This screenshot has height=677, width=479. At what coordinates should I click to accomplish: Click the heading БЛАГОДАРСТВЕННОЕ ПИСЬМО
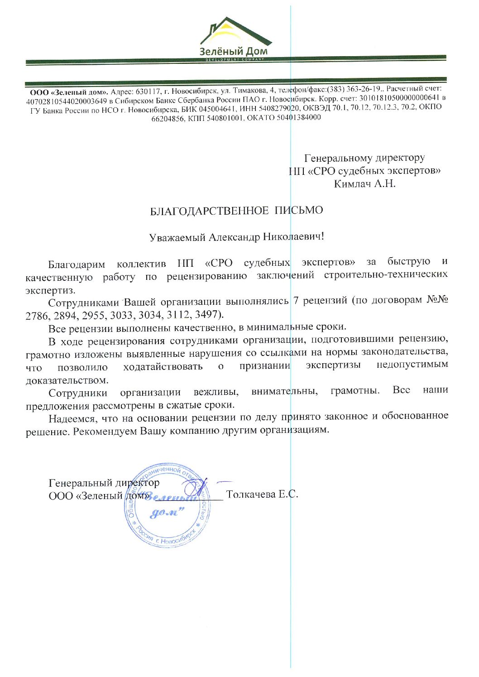[x=236, y=211]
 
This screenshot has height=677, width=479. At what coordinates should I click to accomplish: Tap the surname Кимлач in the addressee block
[x=351, y=184]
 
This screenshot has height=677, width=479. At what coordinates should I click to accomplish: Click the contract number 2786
[x=37, y=316]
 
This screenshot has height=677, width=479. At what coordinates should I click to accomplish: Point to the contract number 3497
[x=208, y=314]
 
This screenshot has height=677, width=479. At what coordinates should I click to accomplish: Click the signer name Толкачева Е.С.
[x=262, y=494]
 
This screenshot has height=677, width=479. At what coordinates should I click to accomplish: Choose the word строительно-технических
[x=386, y=274]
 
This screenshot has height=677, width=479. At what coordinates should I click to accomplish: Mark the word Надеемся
[x=71, y=418]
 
